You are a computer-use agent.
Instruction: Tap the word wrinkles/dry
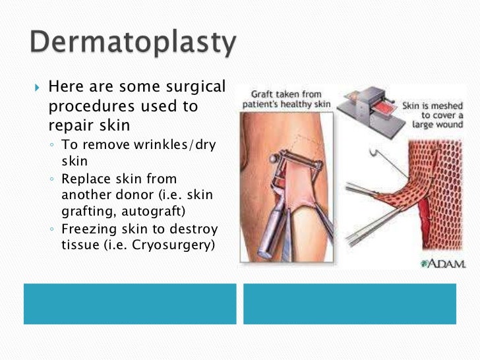pyautogui.click(x=175, y=144)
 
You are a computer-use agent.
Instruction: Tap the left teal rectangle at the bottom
pyautogui.click(x=130, y=303)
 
